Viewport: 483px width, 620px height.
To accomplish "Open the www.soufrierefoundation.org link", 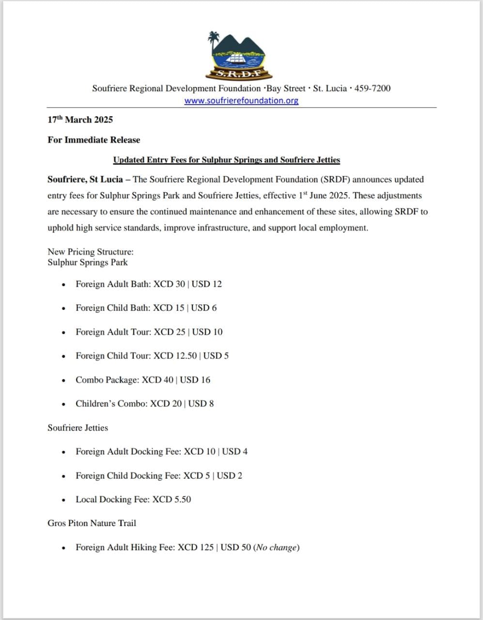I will pyautogui.click(x=241, y=101).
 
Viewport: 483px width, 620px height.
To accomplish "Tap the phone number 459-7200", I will pyautogui.click(x=373, y=89).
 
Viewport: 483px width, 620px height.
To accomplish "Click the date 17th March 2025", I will pyautogui.click(x=80, y=120).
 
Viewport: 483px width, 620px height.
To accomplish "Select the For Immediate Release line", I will pyautogui.click(x=93, y=140).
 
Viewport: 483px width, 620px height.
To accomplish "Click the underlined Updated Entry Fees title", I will pyautogui.click(x=226, y=160).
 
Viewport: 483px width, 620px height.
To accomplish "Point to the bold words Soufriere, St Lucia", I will pyautogui.click(x=85, y=180).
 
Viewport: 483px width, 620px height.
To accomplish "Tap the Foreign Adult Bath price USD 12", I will pyautogui.click(x=206, y=284).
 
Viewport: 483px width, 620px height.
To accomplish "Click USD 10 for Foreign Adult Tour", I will pyautogui.click(x=207, y=332).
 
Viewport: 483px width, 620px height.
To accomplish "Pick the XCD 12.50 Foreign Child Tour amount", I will pyautogui.click(x=175, y=356).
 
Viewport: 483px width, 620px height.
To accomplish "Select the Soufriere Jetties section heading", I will pyautogui.click(x=78, y=428).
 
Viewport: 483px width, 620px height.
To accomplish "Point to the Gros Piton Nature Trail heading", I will pyautogui.click(x=92, y=524).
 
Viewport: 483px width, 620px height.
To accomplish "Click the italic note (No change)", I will pyautogui.click(x=276, y=548).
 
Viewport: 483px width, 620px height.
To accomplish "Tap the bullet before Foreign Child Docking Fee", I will pyautogui.click(x=63, y=476).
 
